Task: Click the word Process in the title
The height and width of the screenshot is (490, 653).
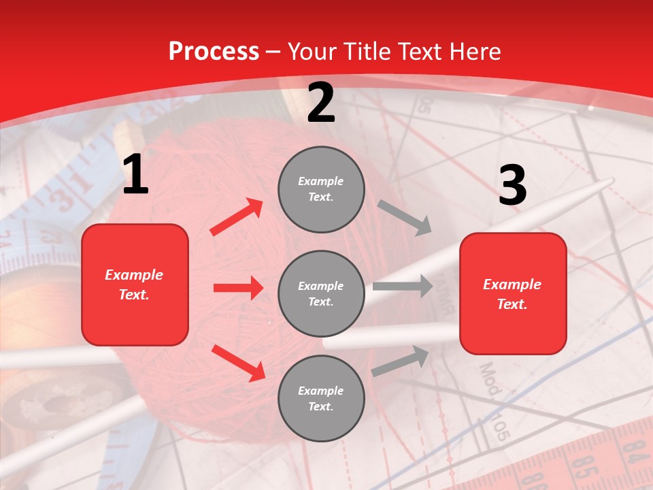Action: click(x=214, y=51)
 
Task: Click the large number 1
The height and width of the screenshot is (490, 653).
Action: click(x=135, y=175)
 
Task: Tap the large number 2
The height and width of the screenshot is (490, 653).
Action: click(x=321, y=103)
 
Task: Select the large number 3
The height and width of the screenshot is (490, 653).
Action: click(x=512, y=186)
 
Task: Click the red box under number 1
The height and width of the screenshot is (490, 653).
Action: click(x=135, y=284)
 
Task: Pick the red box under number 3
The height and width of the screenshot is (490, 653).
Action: click(x=513, y=293)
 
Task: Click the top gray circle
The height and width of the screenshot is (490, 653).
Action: click(x=321, y=189)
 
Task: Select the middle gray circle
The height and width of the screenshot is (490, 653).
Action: click(x=321, y=293)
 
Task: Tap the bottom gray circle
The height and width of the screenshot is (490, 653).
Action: click(x=321, y=398)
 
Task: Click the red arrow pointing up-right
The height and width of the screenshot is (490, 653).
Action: click(x=237, y=217)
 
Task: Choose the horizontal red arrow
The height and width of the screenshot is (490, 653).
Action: click(x=238, y=288)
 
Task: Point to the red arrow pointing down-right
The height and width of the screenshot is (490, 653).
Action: click(x=238, y=363)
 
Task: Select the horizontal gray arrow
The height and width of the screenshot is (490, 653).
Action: click(x=402, y=287)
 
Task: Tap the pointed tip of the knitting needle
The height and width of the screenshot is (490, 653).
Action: click(x=611, y=180)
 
